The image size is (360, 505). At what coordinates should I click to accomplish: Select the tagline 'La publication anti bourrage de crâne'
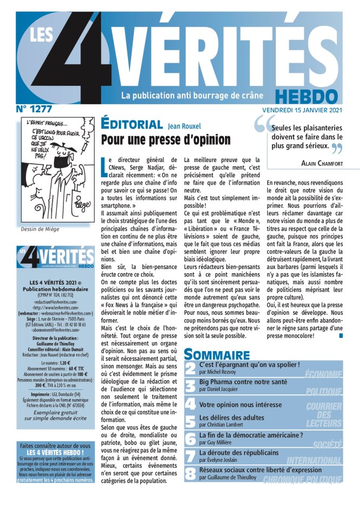click(185, 96)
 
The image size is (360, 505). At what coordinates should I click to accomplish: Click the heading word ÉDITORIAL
click(132, 124)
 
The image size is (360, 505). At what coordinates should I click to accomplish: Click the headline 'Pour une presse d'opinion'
click(166, 139)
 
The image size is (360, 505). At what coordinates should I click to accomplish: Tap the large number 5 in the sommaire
click(191, 421)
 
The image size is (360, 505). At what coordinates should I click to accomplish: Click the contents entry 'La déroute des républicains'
click(239, 453)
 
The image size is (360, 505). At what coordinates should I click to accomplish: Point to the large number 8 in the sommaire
click(191, 473)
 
